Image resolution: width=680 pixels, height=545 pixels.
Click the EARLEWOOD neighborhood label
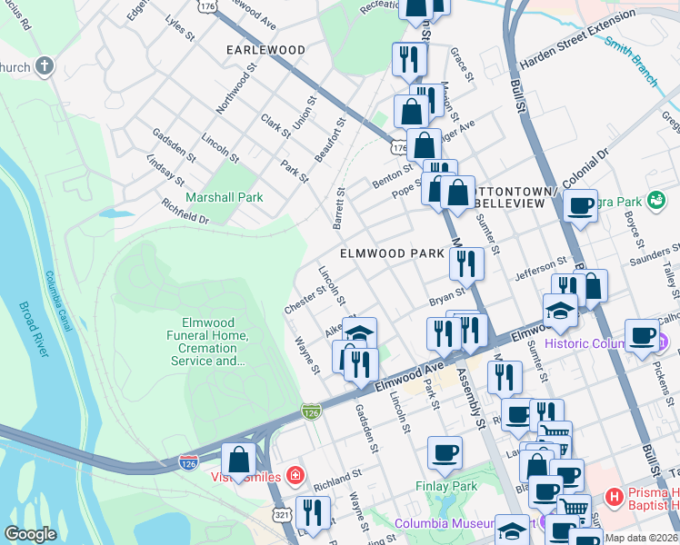pos(265,49)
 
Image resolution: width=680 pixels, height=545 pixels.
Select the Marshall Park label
pos(225,197)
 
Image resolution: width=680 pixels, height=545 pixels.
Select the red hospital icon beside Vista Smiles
pos(295,475)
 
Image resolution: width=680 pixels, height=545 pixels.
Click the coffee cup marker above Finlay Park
pos(445,453)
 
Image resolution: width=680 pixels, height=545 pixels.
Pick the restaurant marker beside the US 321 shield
pos(313,513)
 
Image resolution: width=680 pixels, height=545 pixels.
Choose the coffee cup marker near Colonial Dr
pos(580,204)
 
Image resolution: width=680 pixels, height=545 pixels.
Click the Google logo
pos(31,534)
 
